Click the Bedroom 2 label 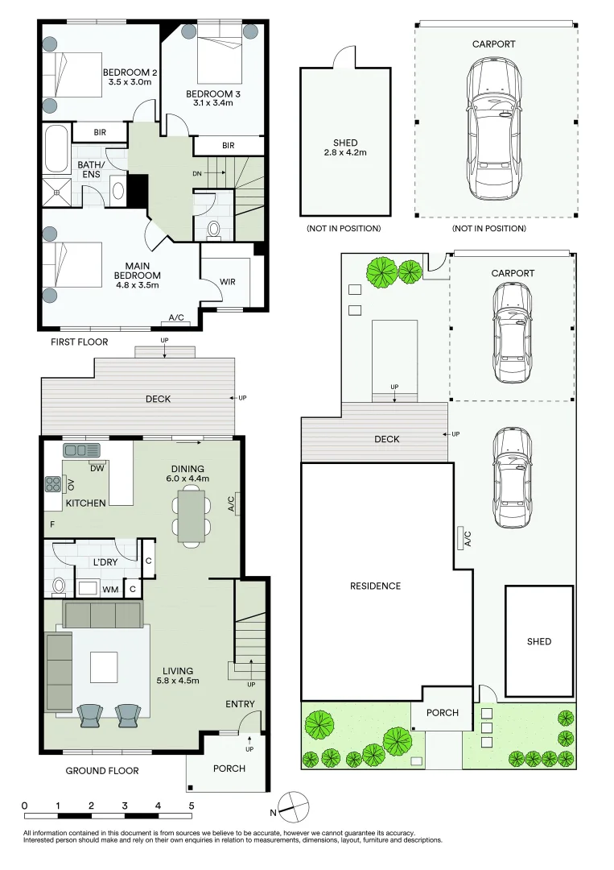[130, 72]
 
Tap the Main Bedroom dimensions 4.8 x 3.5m [138, 285]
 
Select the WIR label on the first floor [228, 282]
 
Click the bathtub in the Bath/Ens [56, 149]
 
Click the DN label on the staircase [196, 174]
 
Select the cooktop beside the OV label [53, 484]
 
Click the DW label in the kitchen [97, 468]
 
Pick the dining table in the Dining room [192, 516]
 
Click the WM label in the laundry [110, 589]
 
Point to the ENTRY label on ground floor [240, 704]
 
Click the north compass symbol [292, 808]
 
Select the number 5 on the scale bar [192, 806]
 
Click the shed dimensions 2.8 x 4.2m [345, 152]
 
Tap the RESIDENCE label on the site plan [375, 586]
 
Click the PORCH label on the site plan [443, 713]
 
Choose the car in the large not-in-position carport [494, 128]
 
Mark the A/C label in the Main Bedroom [176, 317]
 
